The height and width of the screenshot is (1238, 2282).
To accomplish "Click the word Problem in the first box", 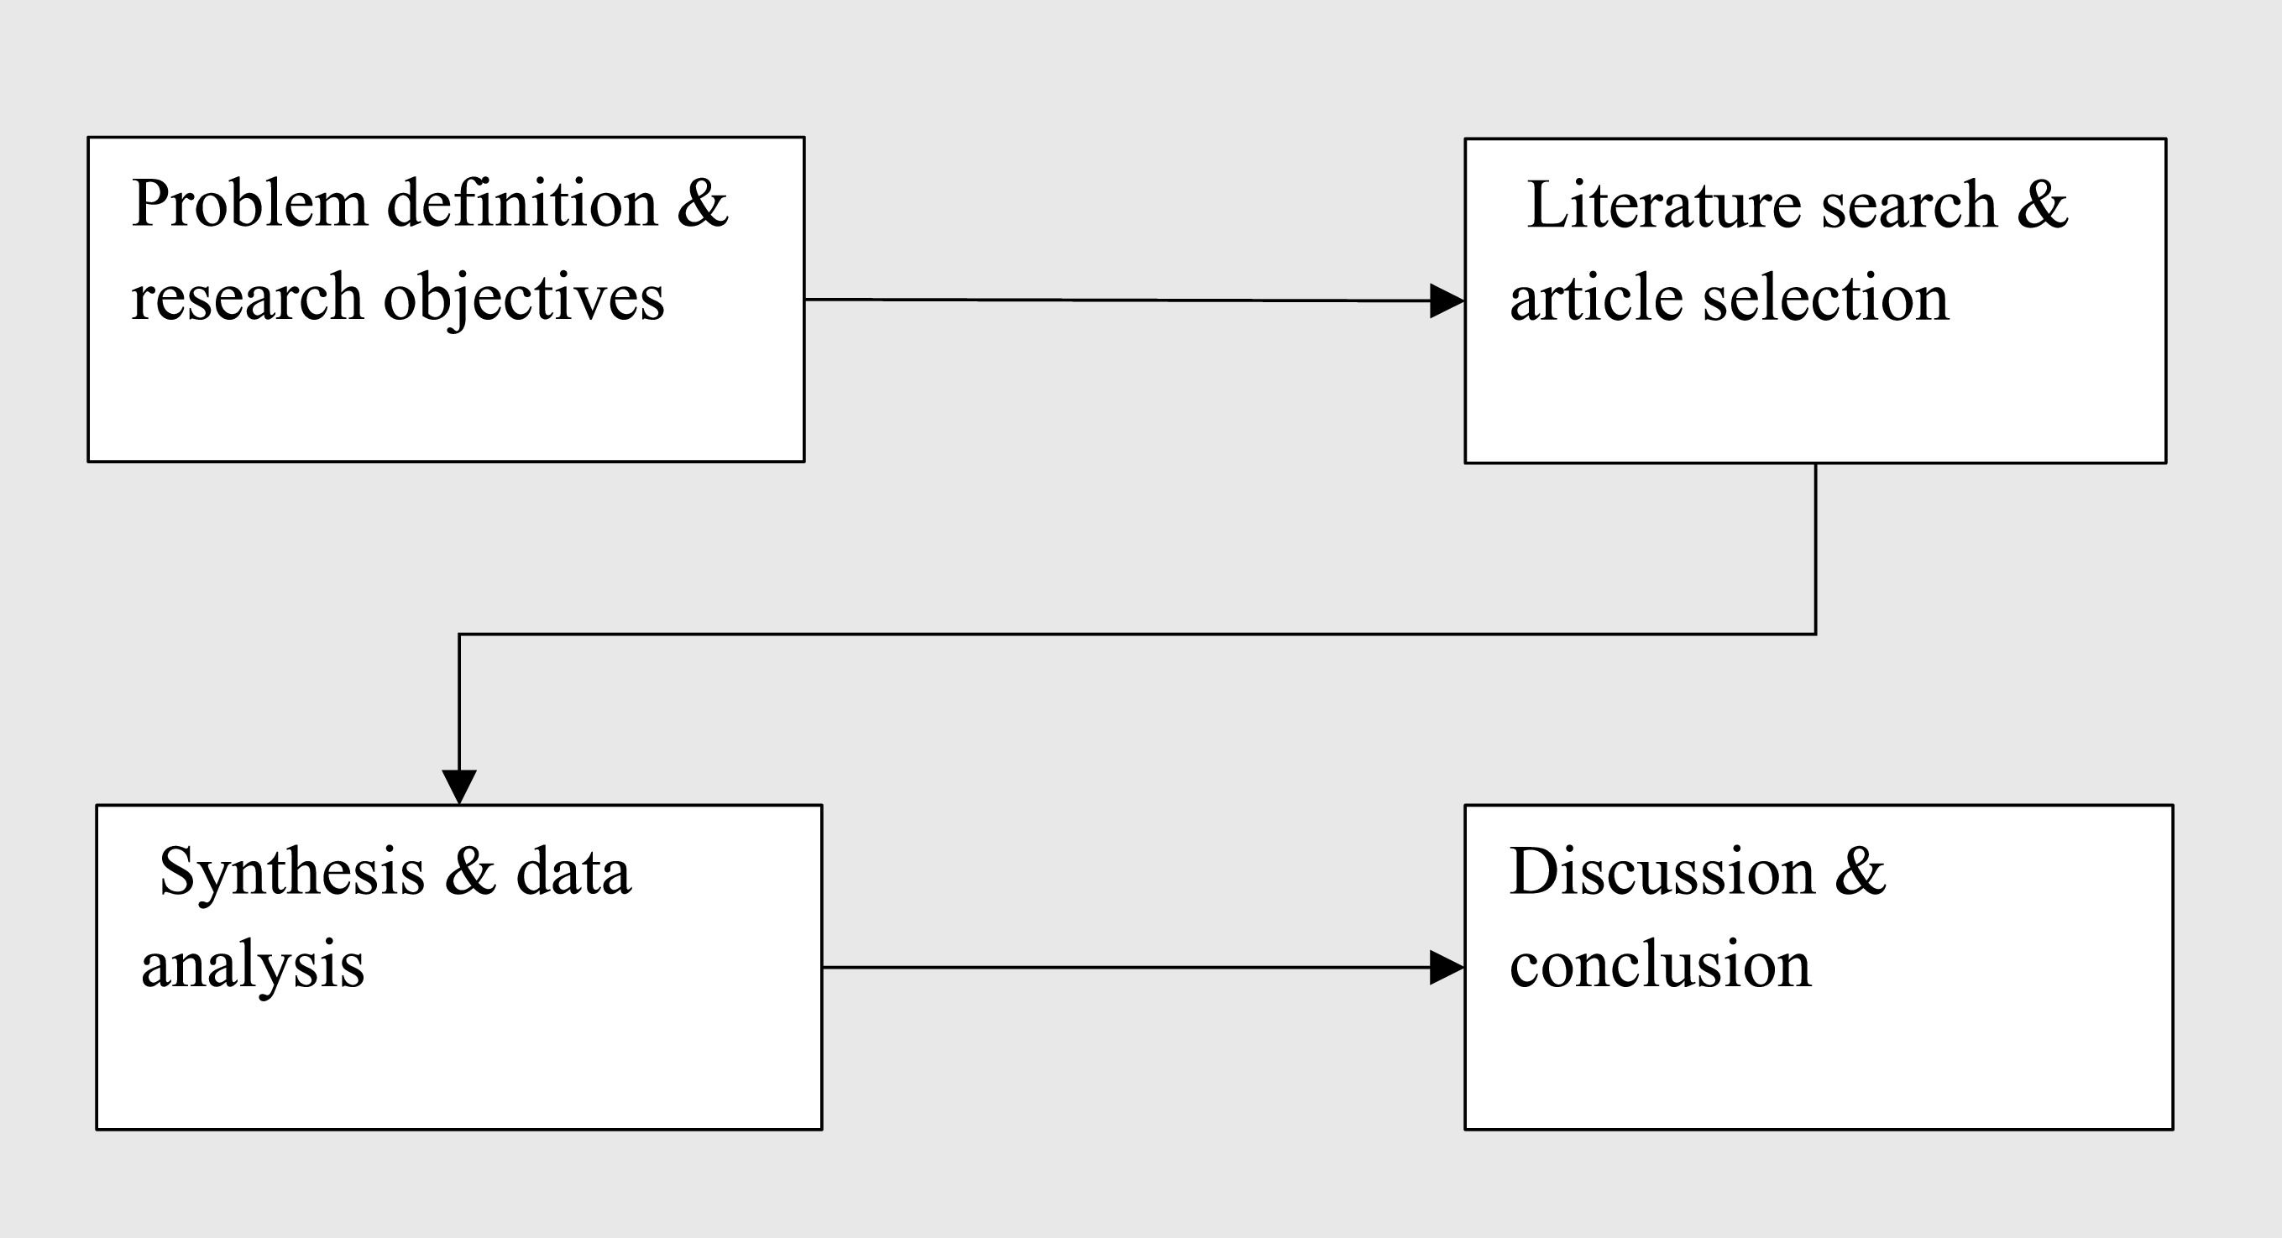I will pos(249,205).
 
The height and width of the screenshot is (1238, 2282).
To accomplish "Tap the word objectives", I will pos(524,300).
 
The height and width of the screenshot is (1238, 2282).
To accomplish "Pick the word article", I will pos(1595,299).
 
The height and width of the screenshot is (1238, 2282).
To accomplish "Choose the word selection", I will pos(1826,299).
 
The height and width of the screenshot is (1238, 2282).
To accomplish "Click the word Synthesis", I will pos(291,872).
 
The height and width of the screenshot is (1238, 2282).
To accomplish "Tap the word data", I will pos(573,872).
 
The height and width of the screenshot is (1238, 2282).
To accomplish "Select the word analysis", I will pos(253,966).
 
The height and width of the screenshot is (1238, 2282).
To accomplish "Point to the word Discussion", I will pos(1662,872).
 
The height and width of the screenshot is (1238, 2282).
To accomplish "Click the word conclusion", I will pos(1660,965).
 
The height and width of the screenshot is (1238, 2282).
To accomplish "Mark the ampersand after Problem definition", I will pos(703,205).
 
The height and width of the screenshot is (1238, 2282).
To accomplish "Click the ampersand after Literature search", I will pos(2043,206).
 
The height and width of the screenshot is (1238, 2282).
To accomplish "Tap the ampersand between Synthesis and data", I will pos(469,872).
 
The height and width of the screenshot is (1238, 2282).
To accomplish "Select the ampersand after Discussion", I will pos(1861,872).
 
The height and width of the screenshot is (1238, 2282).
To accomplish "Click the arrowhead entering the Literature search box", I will pos(1447,301).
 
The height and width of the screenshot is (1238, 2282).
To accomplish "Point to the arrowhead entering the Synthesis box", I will pos(459,786).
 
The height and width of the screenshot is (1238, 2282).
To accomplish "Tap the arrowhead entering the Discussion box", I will pos(1447,968).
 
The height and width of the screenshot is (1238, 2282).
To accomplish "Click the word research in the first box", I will pos(247,300).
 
